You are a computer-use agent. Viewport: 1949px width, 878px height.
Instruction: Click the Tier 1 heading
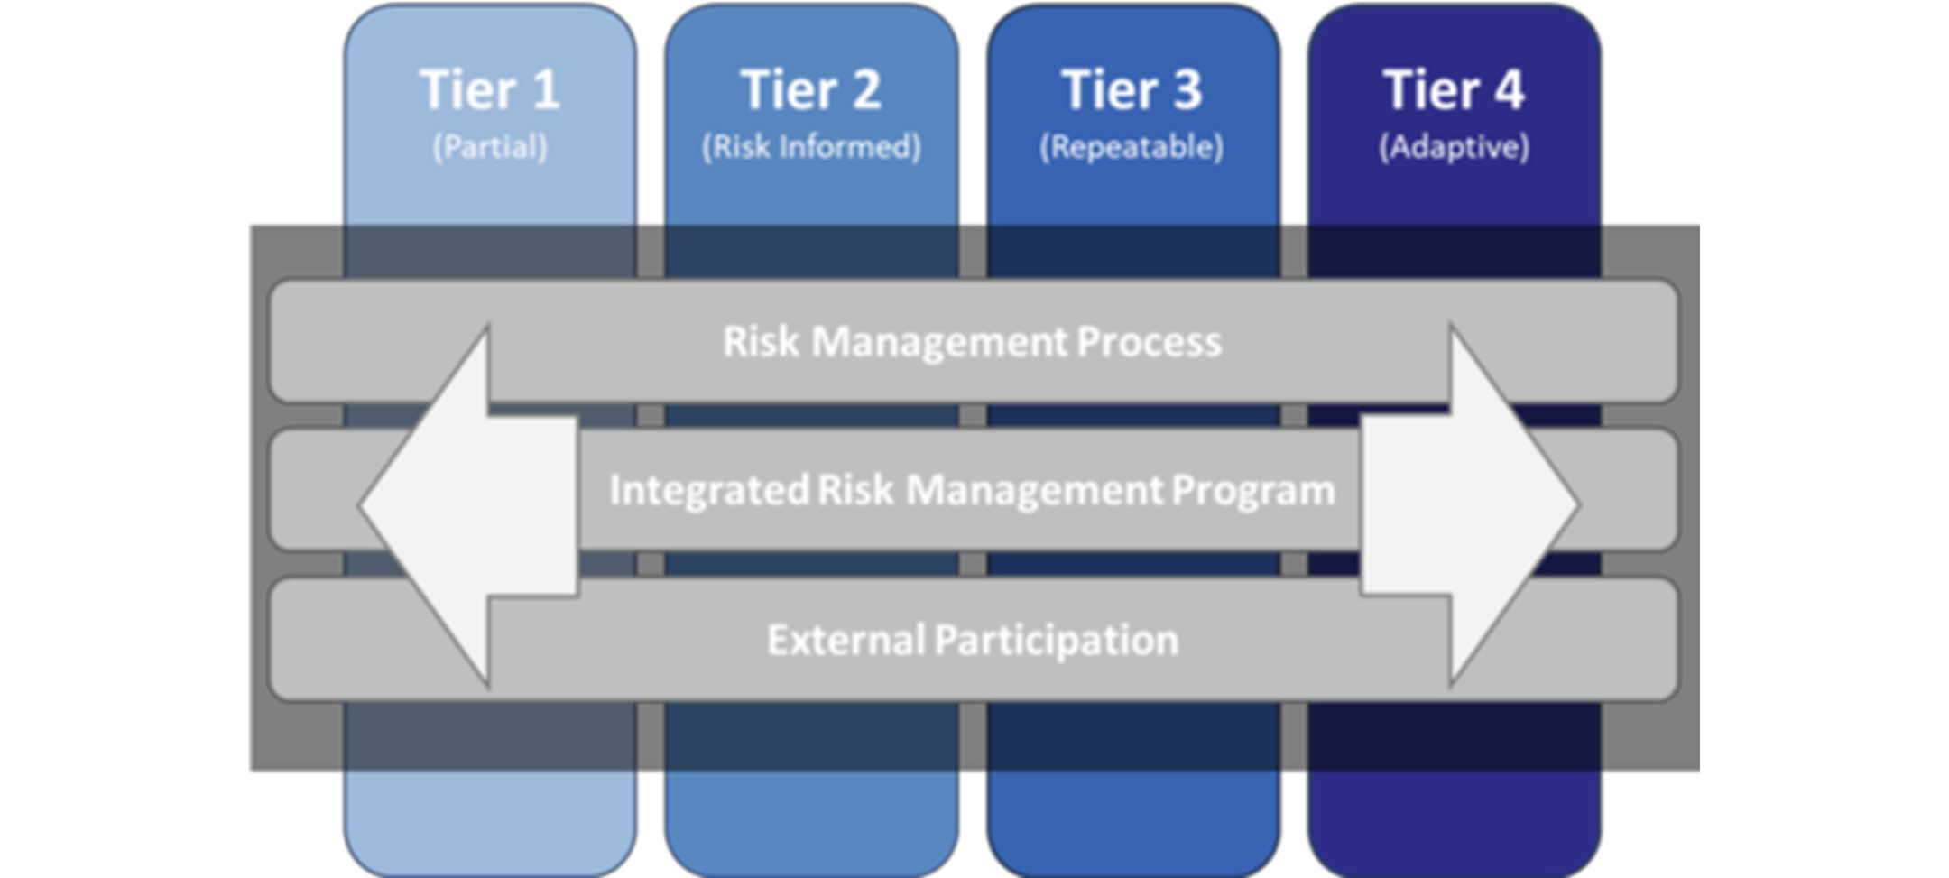click(490, 90)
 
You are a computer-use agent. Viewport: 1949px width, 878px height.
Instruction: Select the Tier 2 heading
click(810, 90)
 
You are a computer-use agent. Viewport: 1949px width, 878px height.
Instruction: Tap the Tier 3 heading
click(1132, 90)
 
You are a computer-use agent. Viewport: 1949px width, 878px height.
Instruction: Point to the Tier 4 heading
click(1454, 90)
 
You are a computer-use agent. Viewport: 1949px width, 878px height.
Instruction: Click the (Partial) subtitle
click(490, 147)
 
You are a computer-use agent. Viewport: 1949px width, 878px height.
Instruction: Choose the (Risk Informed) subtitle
click(811, 147)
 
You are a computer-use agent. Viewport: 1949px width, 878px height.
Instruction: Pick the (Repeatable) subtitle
click(1132, 147)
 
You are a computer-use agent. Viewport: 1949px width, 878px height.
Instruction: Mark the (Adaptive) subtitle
click(1454, 147)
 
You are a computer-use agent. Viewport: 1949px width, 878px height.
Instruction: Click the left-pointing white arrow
click(469, 505)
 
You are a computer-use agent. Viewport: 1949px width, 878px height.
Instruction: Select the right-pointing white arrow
click(1471, 505)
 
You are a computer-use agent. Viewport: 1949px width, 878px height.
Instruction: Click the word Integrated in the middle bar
click(709, 491)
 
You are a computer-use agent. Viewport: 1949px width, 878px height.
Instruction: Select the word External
click(845, 640)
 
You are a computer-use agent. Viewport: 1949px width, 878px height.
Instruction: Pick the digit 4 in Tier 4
click(1506, 90)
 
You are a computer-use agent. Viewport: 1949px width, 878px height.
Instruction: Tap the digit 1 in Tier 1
click(545, 90)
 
